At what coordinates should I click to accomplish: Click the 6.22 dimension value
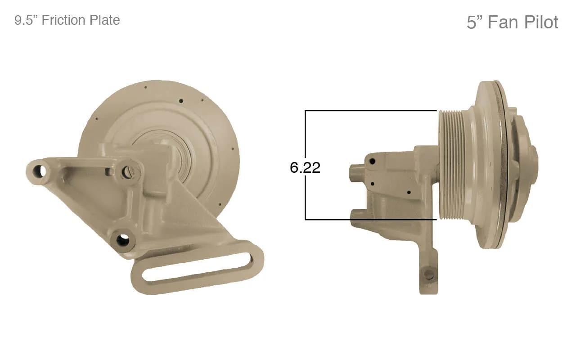point(305,167)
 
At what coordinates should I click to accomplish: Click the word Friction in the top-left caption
point(63,20)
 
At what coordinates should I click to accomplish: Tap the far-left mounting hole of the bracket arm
point(39,171)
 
